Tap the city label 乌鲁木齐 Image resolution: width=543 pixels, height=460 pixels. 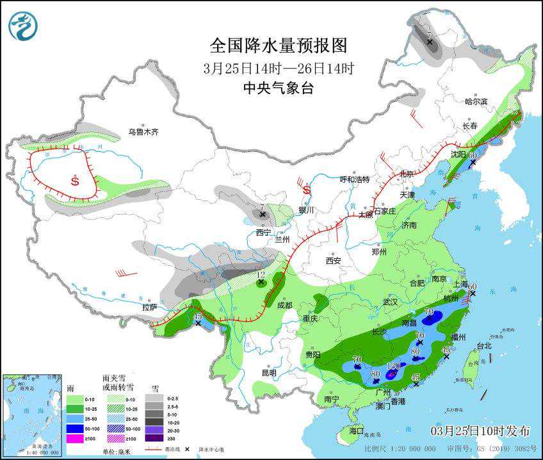pos(142,132)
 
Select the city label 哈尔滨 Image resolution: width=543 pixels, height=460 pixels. pos(476,101)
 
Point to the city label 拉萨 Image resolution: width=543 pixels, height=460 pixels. pos(149,308)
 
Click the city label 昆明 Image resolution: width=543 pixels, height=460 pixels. pos(269,372)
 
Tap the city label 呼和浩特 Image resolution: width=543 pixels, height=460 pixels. pos(354,179)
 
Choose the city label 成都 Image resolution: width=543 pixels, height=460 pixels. pos(285,306)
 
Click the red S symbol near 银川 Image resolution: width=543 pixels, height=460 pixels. pos(307,190)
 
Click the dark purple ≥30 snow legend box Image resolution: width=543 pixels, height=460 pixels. pos(154,438)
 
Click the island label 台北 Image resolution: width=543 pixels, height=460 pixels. pos(483,346)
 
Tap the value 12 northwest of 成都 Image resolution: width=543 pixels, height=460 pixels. pos(261,275)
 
